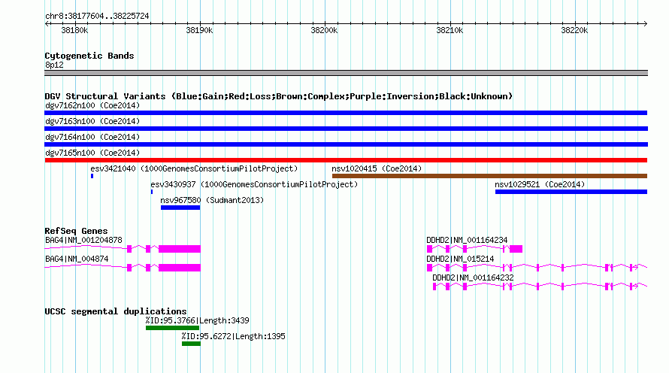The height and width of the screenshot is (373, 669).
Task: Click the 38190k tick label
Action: (199, 30)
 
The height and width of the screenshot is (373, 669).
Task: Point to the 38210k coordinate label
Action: (450, 30)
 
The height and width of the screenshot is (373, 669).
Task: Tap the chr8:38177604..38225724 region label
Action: (97, 17)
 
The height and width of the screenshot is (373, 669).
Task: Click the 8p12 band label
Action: (54, 65)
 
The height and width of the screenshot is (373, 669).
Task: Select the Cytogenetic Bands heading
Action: (89, 56)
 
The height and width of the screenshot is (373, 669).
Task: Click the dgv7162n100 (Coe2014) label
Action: (92, 105)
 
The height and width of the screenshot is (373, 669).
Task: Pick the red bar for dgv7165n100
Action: (346, 160)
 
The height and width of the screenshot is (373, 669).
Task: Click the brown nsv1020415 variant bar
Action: (490, 176)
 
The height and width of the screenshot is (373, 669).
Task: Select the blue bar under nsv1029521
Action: (571, 192)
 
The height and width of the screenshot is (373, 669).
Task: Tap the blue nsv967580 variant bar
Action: (180, 208)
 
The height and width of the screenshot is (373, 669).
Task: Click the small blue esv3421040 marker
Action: (92, 176)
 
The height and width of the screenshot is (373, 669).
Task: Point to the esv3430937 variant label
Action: (173, 184)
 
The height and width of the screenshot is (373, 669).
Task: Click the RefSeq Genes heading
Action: (76, 231)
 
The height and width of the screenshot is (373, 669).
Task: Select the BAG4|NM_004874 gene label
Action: (77, 259)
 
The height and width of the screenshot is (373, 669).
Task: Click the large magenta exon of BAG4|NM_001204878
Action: (180, 249)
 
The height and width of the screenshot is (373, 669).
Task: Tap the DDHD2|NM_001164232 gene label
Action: (473, 277)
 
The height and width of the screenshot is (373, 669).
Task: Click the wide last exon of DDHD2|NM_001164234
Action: (516, 249)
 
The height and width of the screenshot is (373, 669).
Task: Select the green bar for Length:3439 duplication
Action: (172, 328)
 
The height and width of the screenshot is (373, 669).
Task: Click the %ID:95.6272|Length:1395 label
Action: (233, 336)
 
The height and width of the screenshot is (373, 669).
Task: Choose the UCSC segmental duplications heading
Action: (116, 311)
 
